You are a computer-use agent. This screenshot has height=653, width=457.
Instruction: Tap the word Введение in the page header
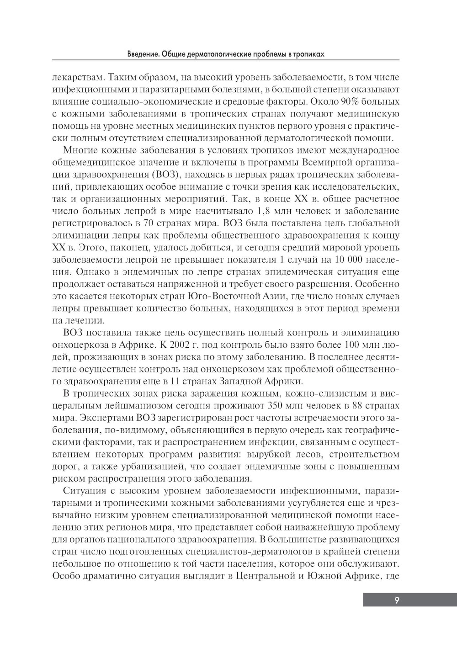[x=143, y=54]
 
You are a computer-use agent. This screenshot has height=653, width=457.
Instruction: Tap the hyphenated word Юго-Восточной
[x=220, y=297]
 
